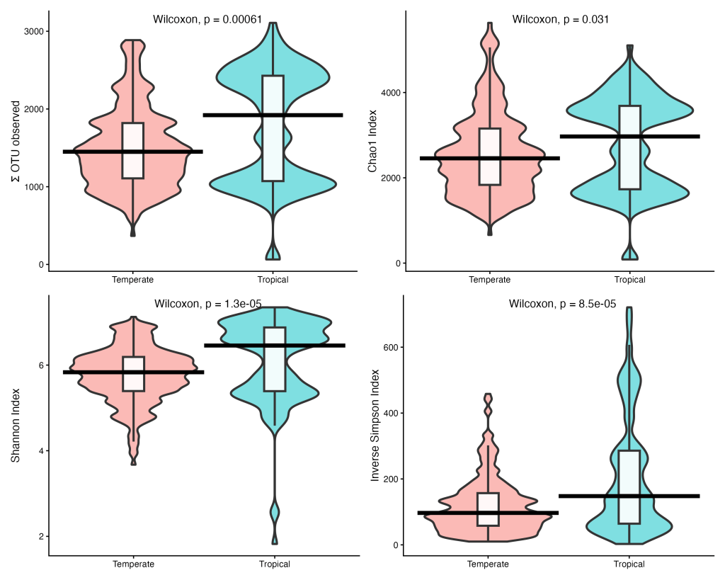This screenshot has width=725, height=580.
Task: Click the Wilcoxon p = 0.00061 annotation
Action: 207,19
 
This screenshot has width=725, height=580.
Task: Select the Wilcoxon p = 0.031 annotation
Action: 561,19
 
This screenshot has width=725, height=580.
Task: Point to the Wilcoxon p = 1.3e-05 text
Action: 208,304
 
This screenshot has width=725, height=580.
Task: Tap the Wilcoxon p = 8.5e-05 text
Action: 563,304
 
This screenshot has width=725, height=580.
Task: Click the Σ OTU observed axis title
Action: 16,142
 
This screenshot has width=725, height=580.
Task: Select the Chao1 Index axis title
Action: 372,141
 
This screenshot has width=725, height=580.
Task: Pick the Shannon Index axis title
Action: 16,425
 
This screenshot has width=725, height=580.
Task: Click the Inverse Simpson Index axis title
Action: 375,425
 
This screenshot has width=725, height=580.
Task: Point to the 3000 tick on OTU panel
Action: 35,31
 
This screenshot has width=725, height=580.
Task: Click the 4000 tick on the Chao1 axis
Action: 391,93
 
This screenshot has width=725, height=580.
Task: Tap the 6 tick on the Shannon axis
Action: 42,365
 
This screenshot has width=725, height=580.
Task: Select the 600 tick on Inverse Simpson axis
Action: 391,347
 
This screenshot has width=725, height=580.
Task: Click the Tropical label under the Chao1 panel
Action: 629,280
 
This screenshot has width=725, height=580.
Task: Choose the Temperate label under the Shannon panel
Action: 134,564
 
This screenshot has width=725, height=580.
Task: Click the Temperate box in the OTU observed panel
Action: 133,151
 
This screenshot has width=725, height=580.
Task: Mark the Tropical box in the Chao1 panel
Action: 629,147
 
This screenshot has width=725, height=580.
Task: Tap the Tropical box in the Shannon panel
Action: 275,359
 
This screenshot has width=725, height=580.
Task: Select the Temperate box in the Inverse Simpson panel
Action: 489,510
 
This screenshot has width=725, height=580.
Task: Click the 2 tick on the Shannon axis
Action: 42,537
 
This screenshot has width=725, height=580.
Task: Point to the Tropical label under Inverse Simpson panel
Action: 629,564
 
